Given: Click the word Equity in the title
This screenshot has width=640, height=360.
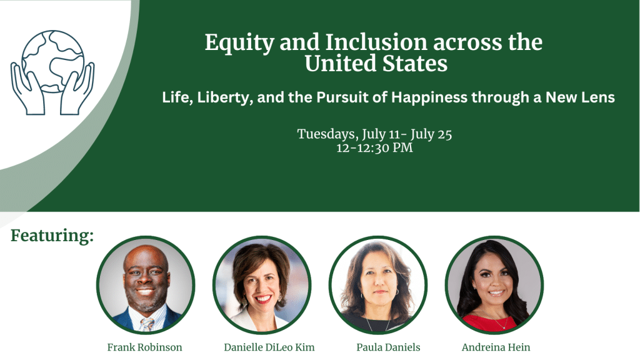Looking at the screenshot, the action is pyautogui.click(x=239, y=43).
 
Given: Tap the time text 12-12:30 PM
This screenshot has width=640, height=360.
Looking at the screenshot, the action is pyautogui.click(x=375, y=147).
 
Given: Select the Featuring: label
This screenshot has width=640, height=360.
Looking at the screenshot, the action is pyautogui.click(x=52, y=236).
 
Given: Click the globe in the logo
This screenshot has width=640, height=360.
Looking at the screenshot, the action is pyautogui.click(x=52, y=61).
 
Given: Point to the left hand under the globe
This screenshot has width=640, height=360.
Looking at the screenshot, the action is pyautogui.click(x=27, y=89).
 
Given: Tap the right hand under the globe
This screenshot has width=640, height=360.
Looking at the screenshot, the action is pyautogui.click(x=77, y=89).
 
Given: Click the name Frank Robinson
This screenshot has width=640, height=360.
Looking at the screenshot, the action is pyautogui.click(x=144, y=347).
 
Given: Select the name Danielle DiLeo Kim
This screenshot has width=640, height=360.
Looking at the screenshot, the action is pyautogui.click(x=269, y=347).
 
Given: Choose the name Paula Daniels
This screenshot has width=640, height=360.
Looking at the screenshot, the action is pyautogui.click(x=388, y=347).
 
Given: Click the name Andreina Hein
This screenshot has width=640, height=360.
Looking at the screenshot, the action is pyautogui.click(x=496, y=347).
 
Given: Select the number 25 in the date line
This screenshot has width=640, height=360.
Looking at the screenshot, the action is pyautogui.click(x=444, y=134).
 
